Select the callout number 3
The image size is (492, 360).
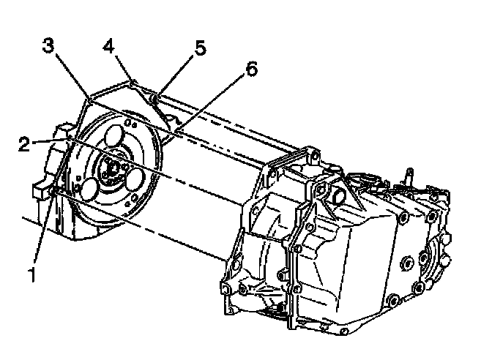[x=48, y=45]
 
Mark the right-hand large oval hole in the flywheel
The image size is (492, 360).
[x=137, y=179]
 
